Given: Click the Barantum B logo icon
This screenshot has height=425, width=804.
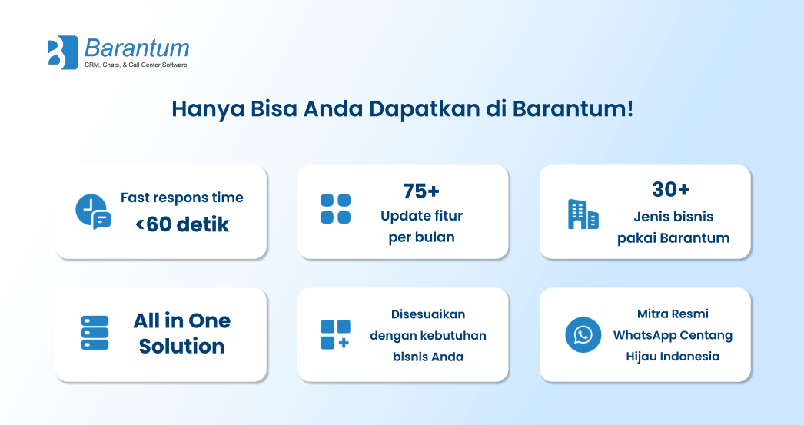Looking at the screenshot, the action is (62, 52).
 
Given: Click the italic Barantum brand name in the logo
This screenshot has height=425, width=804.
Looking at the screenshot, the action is (137, 48).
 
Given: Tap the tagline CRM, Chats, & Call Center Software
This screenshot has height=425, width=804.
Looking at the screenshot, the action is (136, 65).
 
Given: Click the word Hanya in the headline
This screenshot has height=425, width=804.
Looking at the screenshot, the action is (208, 110).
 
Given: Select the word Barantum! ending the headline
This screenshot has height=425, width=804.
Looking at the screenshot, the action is (573, 108).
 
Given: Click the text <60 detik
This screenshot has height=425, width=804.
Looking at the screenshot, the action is (182, 224).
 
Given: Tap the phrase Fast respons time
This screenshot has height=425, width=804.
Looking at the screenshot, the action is (182, 198).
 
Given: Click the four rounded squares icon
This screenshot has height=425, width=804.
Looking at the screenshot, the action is (335, 209).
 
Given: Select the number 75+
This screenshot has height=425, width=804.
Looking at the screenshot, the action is (421, 191).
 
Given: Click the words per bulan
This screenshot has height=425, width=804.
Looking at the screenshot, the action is (421, 237).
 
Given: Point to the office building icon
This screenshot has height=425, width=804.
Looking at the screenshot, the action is (583, 214).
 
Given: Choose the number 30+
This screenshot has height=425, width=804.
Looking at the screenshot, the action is (671, 190).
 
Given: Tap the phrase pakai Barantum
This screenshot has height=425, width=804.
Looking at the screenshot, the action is (673, 238).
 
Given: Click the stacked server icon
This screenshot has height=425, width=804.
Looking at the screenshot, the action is (95, 333).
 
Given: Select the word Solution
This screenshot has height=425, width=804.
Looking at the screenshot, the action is (182, 346).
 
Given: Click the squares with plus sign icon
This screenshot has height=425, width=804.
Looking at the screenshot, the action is (335, 335).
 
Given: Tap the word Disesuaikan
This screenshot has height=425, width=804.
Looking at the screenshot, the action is (428, 314).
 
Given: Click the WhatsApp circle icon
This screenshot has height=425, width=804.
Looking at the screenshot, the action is (583, 335).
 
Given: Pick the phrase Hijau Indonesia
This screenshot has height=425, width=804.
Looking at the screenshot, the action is (673, 357).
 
